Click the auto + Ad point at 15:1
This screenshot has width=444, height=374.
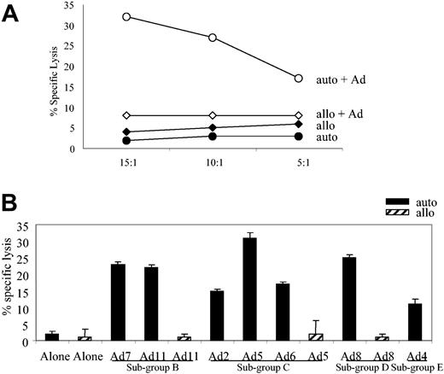(126, 16)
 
